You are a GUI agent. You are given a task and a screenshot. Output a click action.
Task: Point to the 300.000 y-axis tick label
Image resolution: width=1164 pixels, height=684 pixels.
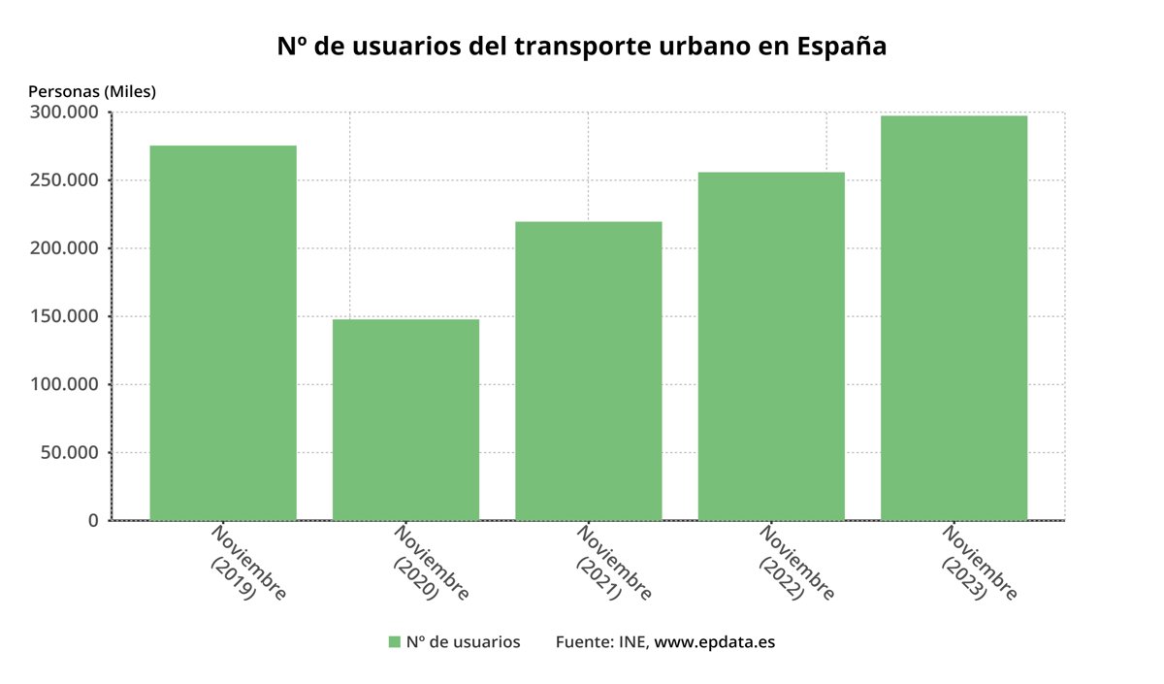(x=64, y=113)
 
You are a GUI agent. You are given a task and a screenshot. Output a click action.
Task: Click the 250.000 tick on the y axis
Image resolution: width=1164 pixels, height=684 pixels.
(x=64, y=180)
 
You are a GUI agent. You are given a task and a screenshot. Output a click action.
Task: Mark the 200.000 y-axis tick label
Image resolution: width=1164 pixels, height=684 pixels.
(x=64, y=248)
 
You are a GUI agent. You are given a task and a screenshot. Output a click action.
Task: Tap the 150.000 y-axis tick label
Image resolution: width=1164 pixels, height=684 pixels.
(x=64, y=316)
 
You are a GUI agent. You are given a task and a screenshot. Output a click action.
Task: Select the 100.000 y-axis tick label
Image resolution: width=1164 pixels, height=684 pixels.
(x=64, y=384)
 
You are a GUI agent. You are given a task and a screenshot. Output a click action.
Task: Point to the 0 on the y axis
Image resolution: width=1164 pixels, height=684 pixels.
(x=93, y=520)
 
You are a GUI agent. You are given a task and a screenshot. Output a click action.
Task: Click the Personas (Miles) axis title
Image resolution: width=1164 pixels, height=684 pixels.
(x=92, y=91)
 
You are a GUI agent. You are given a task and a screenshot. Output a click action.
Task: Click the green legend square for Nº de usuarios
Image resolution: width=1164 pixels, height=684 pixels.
(x=394, y=642)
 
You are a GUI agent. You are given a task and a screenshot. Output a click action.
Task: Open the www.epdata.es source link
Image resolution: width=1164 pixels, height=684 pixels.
(x=715, y=642)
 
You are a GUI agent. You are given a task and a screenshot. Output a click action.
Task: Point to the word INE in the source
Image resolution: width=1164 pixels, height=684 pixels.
(x=632, y=642)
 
